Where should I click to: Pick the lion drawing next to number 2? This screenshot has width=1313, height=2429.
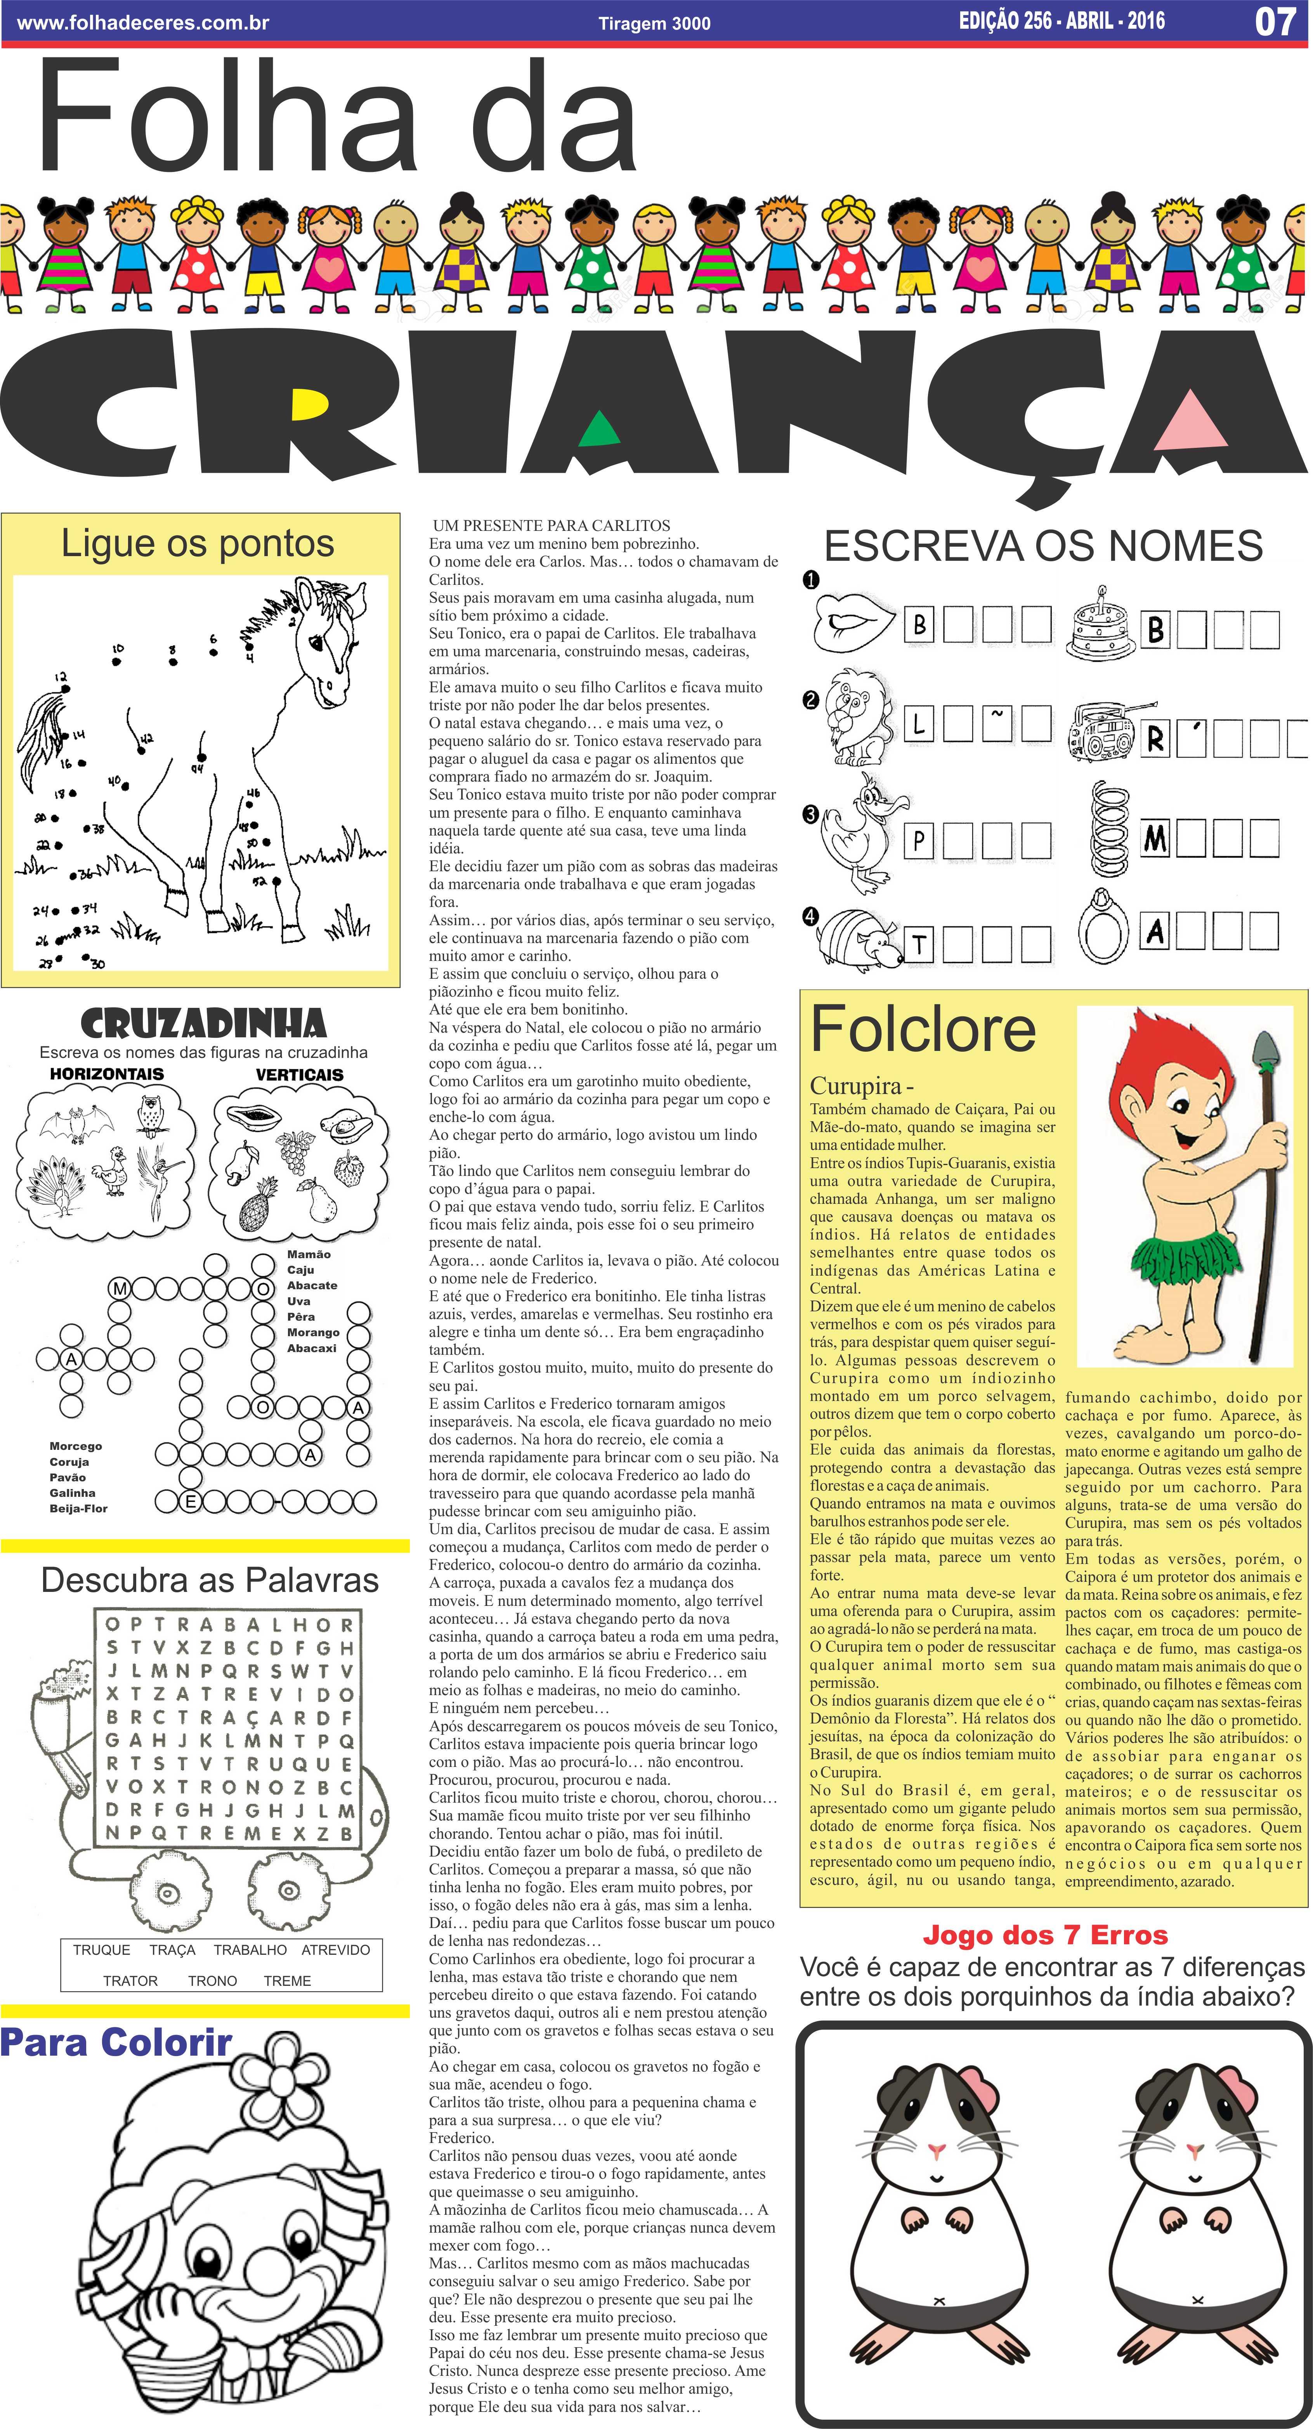click(855, 718)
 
